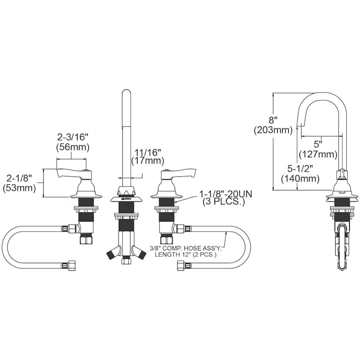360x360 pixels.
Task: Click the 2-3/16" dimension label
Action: coord(73,137)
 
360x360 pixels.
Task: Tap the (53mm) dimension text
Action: coord(19,188)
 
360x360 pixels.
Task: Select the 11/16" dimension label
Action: coord(148,152)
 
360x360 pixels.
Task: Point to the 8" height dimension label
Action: coord(273,120)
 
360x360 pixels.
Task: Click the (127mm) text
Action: coord(318,154)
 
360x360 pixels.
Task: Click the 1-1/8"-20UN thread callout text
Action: coord(226,194)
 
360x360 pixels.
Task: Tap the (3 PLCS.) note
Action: coord(223,202)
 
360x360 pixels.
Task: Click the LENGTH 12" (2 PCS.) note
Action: coord(186,254)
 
